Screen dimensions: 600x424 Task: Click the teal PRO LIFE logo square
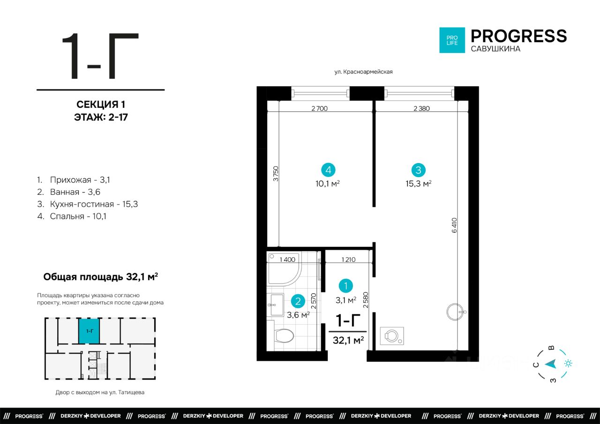[452, 40]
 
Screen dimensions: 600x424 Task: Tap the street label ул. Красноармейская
[363, 72]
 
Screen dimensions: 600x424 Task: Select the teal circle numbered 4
[328, 170]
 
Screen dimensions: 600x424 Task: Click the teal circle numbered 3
[419, 170]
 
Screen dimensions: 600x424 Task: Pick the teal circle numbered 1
[345, 286]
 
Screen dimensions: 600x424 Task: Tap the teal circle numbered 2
[298, 301]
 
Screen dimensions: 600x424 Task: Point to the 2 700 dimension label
[320, 108]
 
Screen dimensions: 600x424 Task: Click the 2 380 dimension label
[421, 108]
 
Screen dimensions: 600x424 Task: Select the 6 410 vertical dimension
[454, 225]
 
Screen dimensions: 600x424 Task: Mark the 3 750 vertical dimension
[276, 174]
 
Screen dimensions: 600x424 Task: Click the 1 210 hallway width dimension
[348, 260]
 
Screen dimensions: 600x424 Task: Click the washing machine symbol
[392, 335]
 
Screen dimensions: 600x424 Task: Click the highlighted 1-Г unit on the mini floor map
[89, 331]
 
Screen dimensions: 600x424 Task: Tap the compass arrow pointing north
[551, 364]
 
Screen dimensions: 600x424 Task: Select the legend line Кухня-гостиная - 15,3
[88, 204]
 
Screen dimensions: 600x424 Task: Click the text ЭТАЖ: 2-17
[101, 117]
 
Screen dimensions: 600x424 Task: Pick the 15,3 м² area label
[419, 183]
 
